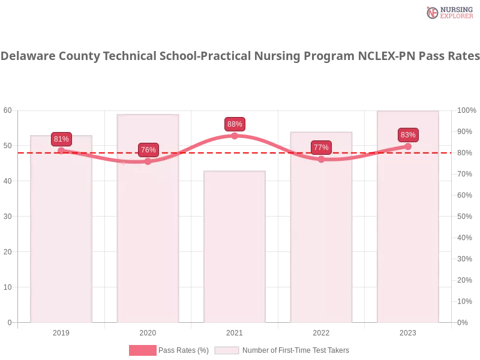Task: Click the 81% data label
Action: point(61,139)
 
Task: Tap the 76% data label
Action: point(148,150)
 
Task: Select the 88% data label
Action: point(235,124)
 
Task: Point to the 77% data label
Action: point(321,148)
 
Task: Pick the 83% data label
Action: point(408,135)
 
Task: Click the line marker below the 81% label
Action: point(61,151)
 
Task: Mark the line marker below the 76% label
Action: point(148,161)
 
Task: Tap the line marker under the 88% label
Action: point(235,136)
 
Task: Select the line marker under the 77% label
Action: point(321,159)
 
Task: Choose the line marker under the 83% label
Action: point(408,146)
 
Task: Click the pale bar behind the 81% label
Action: point(62,240)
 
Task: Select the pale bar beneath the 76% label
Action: point(148,240)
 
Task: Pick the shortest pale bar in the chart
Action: point(235,252)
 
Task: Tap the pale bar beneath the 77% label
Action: point(321,240)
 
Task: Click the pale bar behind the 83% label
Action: point(408,240)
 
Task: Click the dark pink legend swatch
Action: point(142,350)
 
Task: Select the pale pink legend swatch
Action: point(227,350)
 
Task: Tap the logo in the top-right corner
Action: point(448,12)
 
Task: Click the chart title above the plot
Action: point(240,56)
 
